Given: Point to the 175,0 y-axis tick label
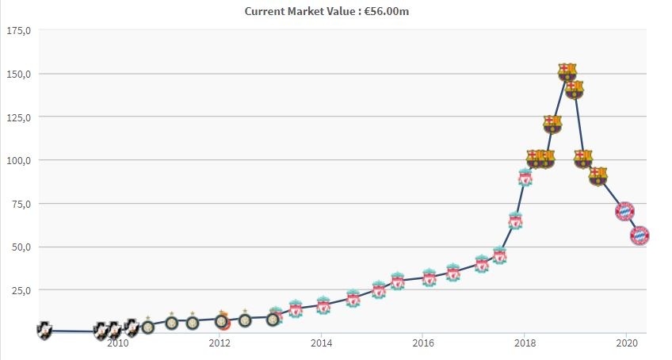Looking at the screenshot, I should pyautogui.click(x=18, y=31).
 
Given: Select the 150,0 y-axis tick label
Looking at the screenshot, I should pyautogui.click(x=18, y=74).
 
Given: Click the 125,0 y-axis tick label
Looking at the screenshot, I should pyautogui.click(x=18, y=117).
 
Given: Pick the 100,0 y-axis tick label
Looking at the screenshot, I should pyautogui.click(x=18, y=160).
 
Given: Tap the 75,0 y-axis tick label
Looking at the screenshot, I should pyautogui.click(x=21, y=204).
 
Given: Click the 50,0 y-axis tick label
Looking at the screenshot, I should pyautogui.click(x=21, y=247).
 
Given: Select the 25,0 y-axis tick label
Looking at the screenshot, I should pyautogui.click(x=21, y=290).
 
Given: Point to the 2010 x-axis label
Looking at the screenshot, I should pyautogui.click(x=117, y=343).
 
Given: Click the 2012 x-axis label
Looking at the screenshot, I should pyautogui.click(x=220, y=343).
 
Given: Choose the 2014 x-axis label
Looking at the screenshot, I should pyautogui.click(x=321, y=343).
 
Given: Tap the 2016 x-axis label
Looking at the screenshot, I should pyautogui.click(x=423, y=343).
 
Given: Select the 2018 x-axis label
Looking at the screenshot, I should pyautogui.click(x=525, y=343).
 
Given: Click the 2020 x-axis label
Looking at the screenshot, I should pyautogui.click(x=627, y=343).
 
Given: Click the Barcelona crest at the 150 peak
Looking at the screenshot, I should pyautogui.click(x=567, y=72).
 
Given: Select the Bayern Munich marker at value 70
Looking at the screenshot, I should pyautogui.click(x=624, y=211).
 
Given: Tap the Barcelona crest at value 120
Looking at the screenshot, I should pyautogui.click(x=552, y=124).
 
